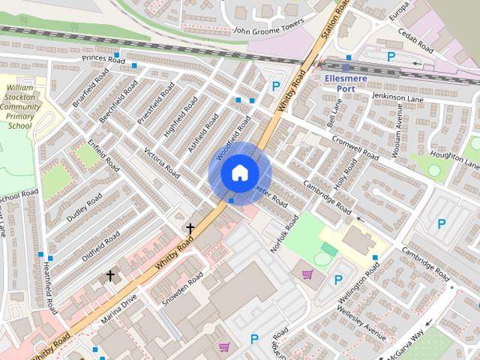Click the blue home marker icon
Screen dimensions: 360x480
pos(238,173)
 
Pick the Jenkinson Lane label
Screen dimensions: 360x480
pos(398,98)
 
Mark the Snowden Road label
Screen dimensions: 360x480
pos(182,287)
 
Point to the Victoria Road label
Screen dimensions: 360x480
pos(162,160)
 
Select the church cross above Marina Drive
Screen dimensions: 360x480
pos(111,276)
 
